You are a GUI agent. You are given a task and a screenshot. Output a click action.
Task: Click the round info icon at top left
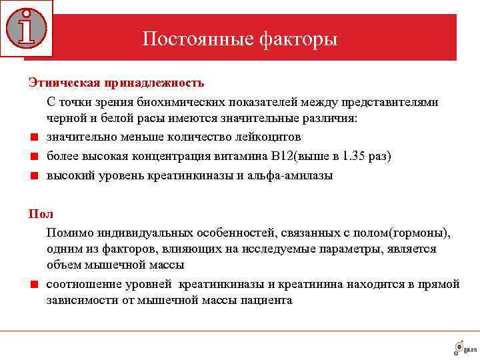(26, 27)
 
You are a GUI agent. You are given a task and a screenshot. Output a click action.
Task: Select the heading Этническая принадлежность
(116, 83)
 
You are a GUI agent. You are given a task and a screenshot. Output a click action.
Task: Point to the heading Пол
(40, 214)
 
